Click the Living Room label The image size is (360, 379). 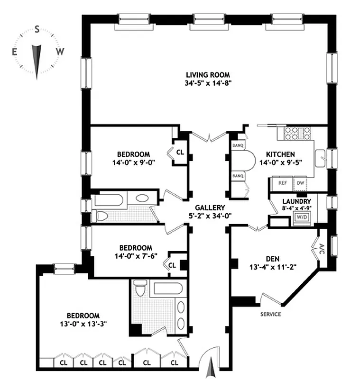pyautogui.click(x=208, y=74)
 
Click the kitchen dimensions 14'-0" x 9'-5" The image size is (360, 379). pyautogui.click(x=280, y=162)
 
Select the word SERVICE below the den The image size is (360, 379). pyautogui.click(x=270, y=314)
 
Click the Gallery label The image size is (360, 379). pyautogui.click(x=209, y=208)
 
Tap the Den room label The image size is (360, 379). pyautogui.click(x=272, y=259)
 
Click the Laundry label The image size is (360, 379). pyautogui.click(x=298, y=201)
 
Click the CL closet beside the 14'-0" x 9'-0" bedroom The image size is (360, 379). pyautogui.click(x=180, y=153)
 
